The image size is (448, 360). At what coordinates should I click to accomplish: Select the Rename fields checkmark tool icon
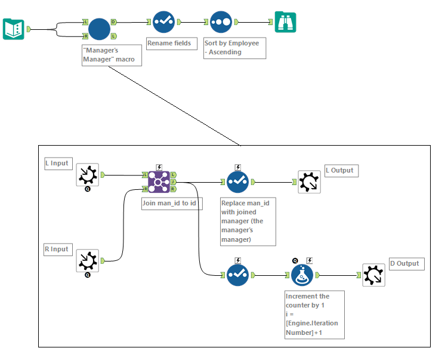(x=163, y=22)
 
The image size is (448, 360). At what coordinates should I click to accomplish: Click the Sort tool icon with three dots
(x=221, y=22)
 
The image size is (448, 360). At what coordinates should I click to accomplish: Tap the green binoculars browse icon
(x=285, y=22)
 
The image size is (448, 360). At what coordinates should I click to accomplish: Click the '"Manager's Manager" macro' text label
(x=112, y=55)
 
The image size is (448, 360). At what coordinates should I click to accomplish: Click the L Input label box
(x=57, y=163)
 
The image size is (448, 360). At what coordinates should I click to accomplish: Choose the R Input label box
(x=57, y=249)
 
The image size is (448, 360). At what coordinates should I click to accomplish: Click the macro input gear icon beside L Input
(x=88, y=175)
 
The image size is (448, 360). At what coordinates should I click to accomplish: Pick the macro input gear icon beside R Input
(x=88, y=261)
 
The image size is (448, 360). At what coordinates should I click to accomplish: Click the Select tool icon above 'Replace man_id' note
(x=237, y=181)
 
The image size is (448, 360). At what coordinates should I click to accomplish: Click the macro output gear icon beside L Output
(x=309, y=181)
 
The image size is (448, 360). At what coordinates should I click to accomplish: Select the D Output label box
(x=406, y=263)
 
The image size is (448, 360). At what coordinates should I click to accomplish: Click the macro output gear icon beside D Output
(x=373, y=275)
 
